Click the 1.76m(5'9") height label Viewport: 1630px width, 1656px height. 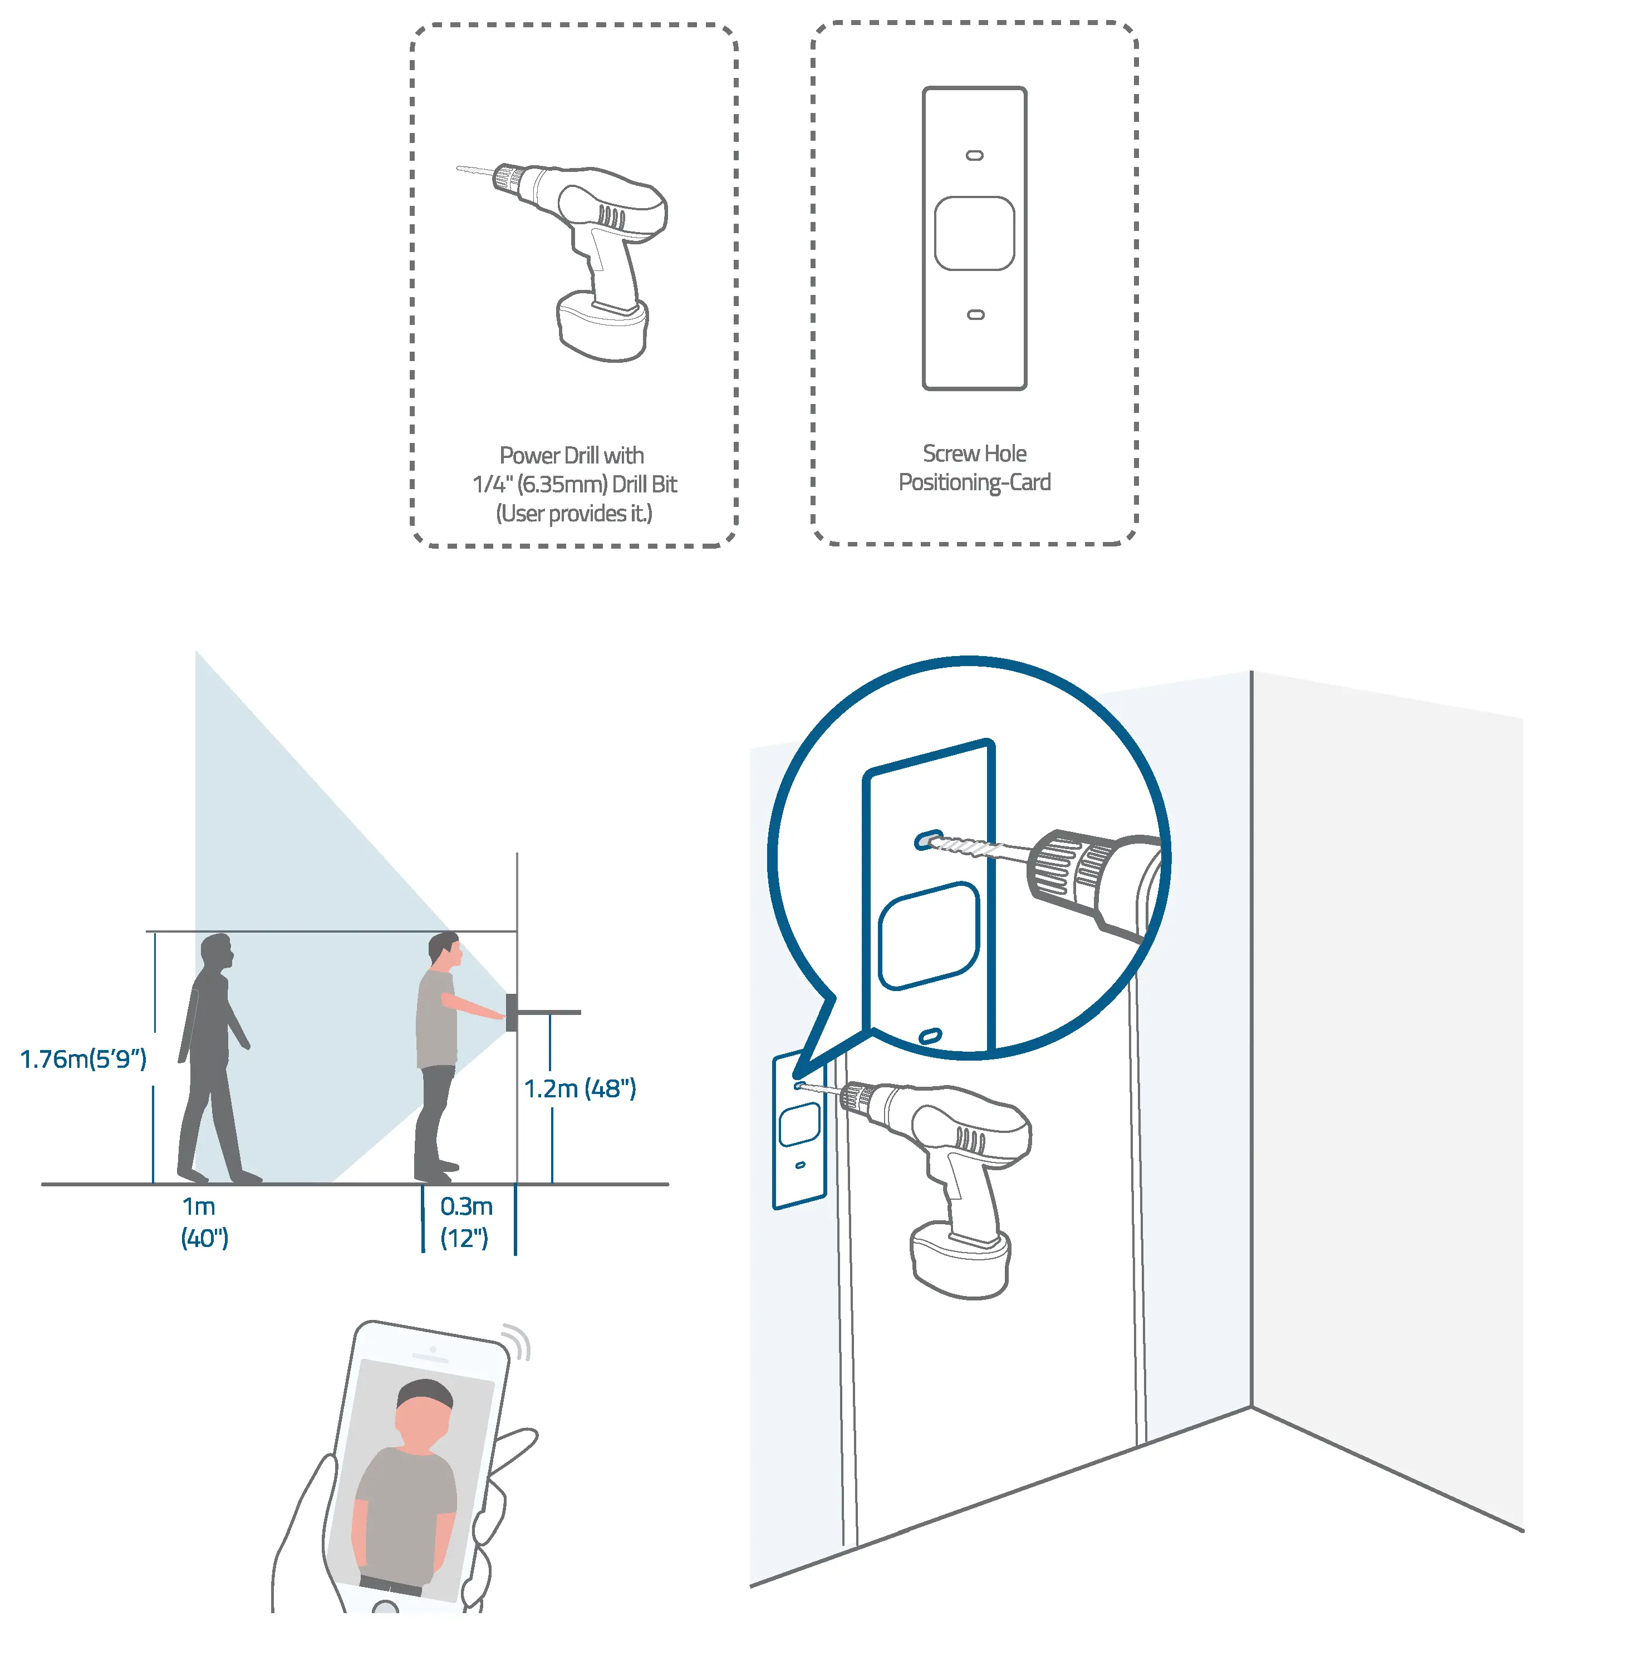(x=83, y=1059)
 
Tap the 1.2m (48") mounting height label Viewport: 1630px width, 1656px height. (x=580, y=1088)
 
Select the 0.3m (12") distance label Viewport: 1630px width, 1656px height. (x=466, y=1221)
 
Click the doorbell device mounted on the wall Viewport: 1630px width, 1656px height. (x=511, y=1012)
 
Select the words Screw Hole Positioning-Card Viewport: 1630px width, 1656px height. (x=974, y=467)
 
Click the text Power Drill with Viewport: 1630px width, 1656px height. (x=572, y=455)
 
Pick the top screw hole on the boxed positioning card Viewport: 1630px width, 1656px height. (x=974, y=156)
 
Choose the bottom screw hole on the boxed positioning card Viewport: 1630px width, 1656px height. (x=975, y=315)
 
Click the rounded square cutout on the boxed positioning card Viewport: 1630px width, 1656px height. (x=974, y=234)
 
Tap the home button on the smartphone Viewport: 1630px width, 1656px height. (x=386, y=1606)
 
